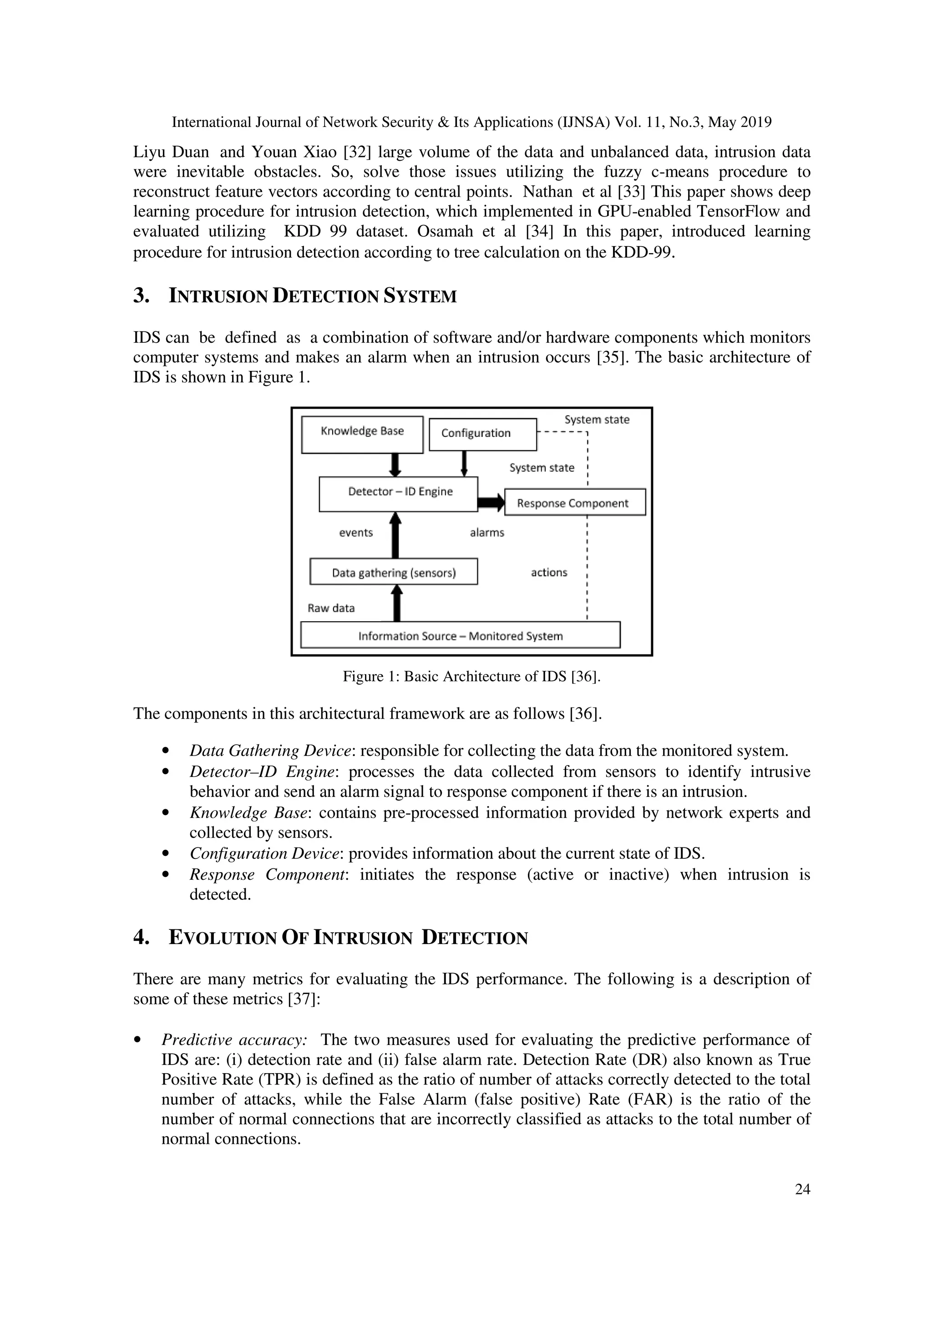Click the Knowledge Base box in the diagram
pos(362,434)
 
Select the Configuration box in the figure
pos(482,434)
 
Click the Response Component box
pos(574,502)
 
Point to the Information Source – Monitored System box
pos(460,635)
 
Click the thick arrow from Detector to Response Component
pos(491,502)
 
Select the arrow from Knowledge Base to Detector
pos(395,464)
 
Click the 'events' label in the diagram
pos(355,533)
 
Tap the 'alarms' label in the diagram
pos(487,533)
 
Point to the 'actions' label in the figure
pos(548,572)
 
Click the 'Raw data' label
pos(331,608)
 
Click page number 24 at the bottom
pos(802,1189)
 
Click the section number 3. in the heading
pos(141,296)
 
